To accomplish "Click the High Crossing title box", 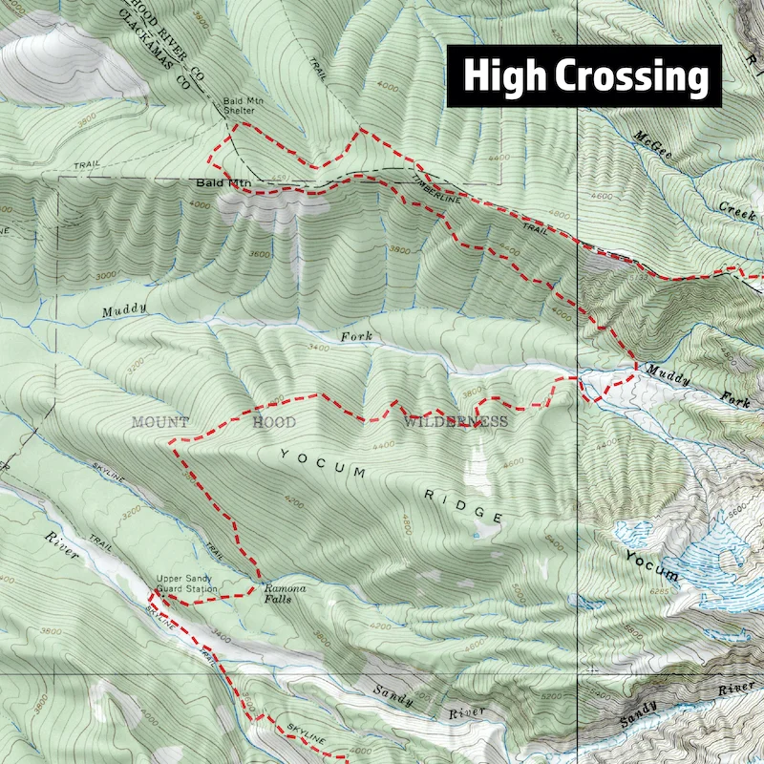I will coord(584,76).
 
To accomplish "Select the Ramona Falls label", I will coord(285,594).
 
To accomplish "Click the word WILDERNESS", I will coord(456,421).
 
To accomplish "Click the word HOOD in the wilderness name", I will coord(274,421).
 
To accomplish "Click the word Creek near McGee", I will coord(737,210).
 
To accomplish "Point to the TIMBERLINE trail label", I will coord(437,187).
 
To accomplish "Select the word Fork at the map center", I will coord(354,337).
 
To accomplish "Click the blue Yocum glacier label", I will coord(651,565).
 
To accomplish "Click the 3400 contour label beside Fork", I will coord(319,350).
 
